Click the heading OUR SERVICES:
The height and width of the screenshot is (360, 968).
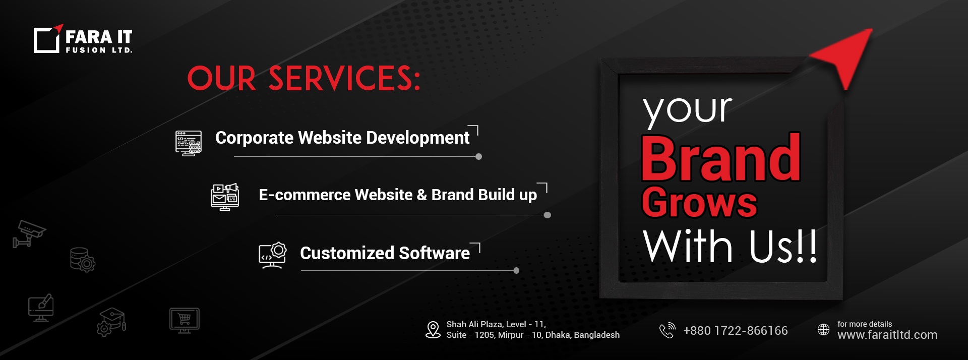(x=304, y=79)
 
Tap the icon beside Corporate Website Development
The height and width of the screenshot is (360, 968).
(x=189, y=143)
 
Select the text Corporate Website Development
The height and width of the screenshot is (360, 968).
(x=342, y=138)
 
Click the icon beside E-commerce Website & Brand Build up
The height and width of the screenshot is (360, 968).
(x=225, y=197)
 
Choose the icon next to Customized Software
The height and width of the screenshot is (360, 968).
(x=273, y=255)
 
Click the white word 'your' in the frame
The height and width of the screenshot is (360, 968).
(x=687, y=110)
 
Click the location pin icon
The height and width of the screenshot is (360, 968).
(x=433, y=330)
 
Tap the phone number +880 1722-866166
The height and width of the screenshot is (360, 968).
(x=735, y=331)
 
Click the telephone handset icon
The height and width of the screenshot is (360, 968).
(x=667, y=330)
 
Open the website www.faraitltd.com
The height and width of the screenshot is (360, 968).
(x=887, y=335)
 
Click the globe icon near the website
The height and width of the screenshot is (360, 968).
(x=823, y=329)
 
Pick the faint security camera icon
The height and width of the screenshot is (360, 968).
(x=29, y=233)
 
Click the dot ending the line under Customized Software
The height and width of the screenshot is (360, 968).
(x=516, y=271)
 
